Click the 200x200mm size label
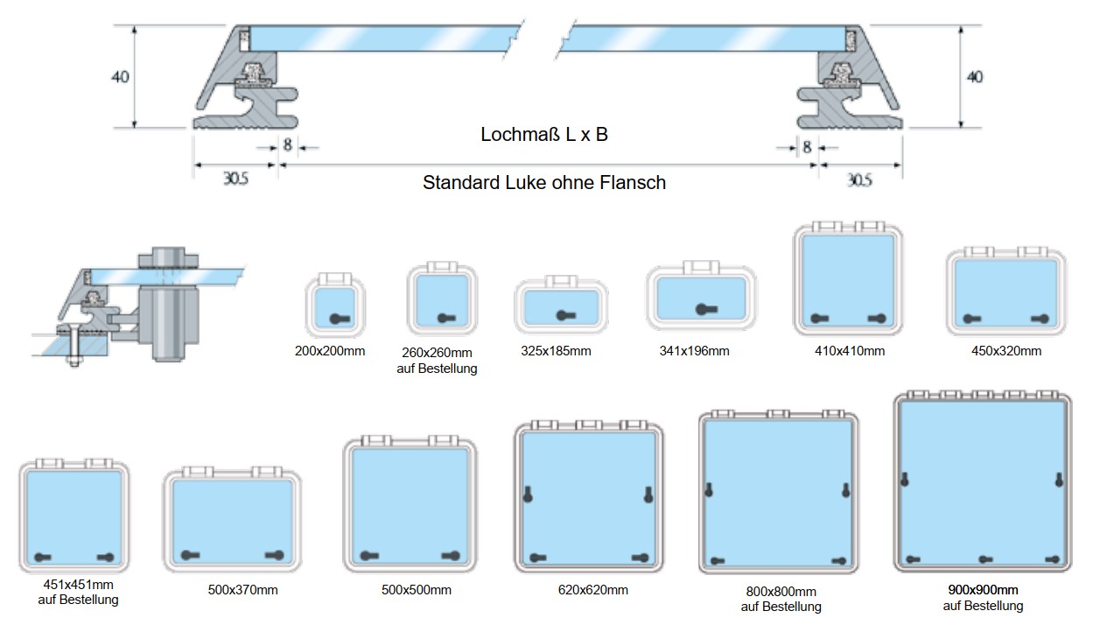[x=330, y=351]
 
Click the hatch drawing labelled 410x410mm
[x=847, y=281]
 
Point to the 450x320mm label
[x=1006, y=351]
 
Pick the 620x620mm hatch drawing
[x=588, y=497]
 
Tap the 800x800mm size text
[x=781, y=592]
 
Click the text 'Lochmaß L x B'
[x=543, y=135]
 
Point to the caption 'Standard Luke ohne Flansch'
[x=543, y=183]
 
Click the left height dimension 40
[x=120, y=77]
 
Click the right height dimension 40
[x=974, y=77]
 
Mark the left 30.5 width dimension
[x=235, y=179]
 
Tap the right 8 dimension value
[x=807, y=146]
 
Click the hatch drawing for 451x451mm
[x=74, y=516]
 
